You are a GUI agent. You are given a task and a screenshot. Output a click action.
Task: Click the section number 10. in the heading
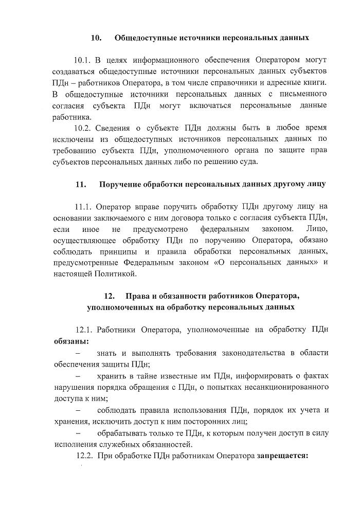pos(96,38)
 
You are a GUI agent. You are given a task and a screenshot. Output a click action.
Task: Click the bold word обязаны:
pos(71,341)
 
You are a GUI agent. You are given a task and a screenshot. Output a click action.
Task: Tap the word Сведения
pos(117,128)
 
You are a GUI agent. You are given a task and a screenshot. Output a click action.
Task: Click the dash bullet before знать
pos(78,353)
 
